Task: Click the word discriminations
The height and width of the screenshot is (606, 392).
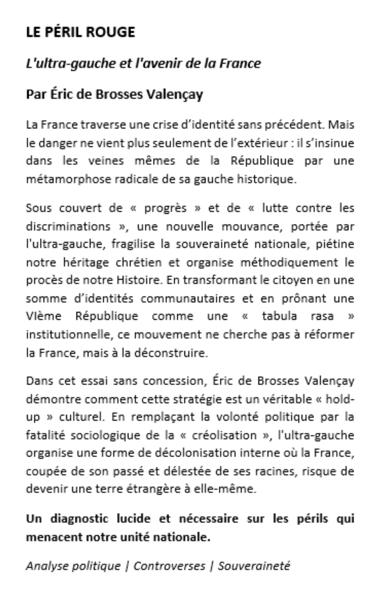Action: click(x=68, y=226)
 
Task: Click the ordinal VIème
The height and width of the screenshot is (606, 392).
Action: click(x=43, y=316)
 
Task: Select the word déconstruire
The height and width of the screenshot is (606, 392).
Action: click(x=171, y=353)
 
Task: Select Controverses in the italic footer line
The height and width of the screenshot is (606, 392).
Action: click(x=169, y=566)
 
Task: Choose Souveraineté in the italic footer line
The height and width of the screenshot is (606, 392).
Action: click(x=254, y=566)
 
